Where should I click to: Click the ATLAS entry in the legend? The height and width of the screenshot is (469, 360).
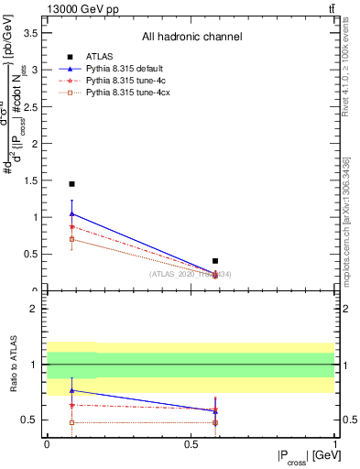[x=99, y=55]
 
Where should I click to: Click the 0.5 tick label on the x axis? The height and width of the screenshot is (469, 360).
[x=191, y=443]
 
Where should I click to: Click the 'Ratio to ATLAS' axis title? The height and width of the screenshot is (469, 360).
[x=12, y=364]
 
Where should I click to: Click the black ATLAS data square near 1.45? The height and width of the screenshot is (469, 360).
[x=71, y=184]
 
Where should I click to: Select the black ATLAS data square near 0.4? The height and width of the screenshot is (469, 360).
[x=215, y=261]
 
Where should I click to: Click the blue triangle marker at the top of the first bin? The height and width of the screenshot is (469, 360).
[x=71, y=214]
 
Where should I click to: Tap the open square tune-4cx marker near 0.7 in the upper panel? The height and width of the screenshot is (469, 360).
[x=71, y=239]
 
